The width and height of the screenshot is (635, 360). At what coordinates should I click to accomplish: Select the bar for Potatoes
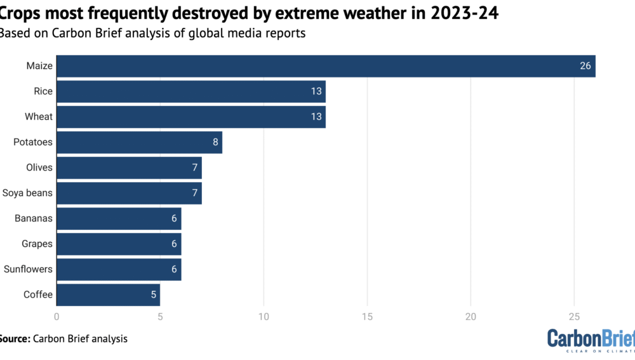point(139,142)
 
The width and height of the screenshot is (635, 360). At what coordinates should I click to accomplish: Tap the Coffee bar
point(108,295)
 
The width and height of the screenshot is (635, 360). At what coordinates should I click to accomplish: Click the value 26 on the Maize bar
point(585,66)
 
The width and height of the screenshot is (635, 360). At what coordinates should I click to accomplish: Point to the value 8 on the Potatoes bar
point(216,142)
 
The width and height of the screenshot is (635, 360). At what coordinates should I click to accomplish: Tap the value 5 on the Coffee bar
point(154,295)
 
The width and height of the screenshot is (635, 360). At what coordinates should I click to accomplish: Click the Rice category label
point(43,91)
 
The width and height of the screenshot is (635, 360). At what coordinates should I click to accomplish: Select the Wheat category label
point(39,117)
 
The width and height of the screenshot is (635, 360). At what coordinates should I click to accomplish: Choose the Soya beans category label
point(27,193)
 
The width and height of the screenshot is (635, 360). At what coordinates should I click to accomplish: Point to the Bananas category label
point(34,218)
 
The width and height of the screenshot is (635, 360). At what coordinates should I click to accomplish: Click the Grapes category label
point(37,244)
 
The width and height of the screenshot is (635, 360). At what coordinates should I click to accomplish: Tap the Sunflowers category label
point(28,269)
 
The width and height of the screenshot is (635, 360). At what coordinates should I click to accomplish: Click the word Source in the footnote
point(14,339)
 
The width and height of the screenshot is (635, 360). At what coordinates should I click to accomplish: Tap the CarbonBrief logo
point(591,341)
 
